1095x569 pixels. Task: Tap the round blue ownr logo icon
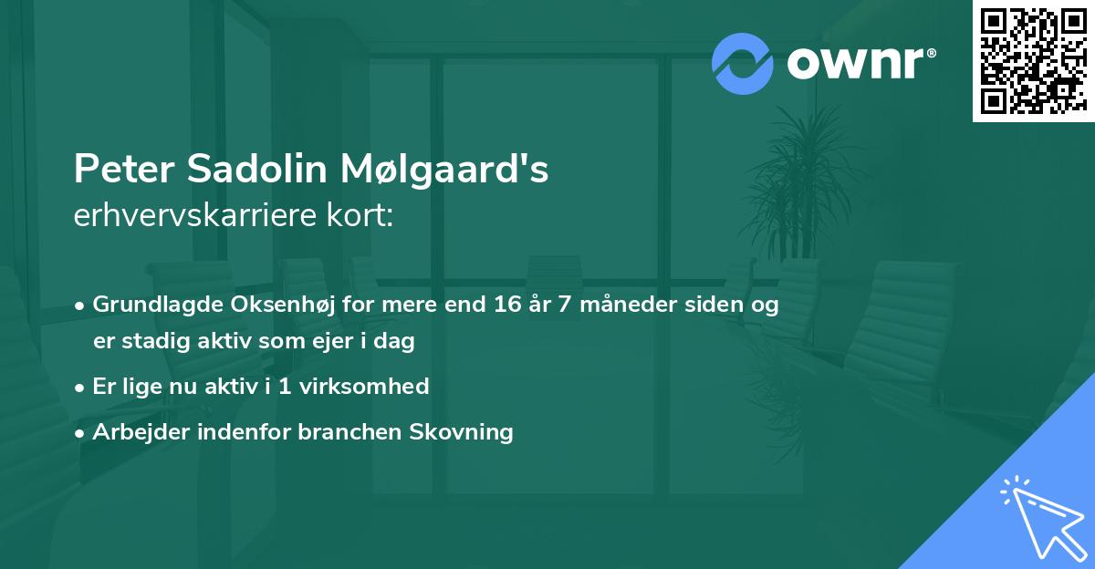(742, 64)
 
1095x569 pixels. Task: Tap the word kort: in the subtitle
(366, 216)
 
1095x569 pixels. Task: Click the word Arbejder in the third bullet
(134, 431)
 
